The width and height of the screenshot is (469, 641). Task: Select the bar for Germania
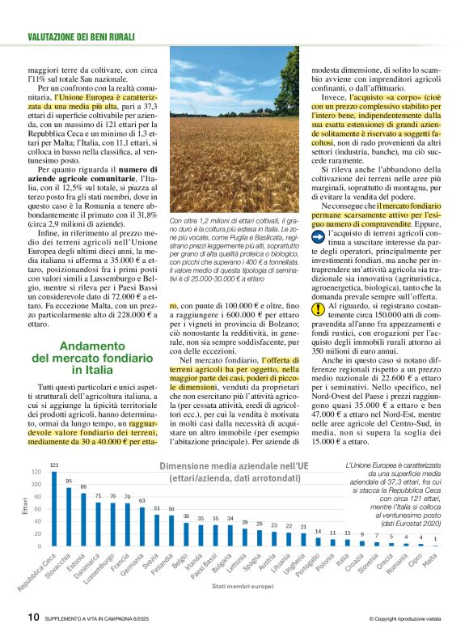(x=142, y=527)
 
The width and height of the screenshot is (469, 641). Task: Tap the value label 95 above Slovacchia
(x=69, y=481)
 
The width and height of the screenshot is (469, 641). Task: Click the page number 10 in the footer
(x=33, y=617)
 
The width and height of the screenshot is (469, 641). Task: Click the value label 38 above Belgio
(x=185, y=516)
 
